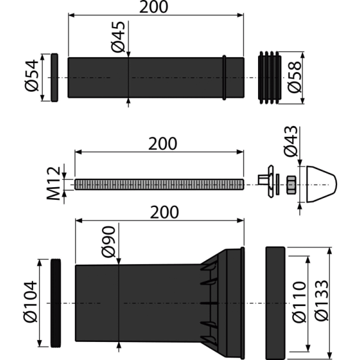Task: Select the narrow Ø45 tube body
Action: (156, 78)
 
